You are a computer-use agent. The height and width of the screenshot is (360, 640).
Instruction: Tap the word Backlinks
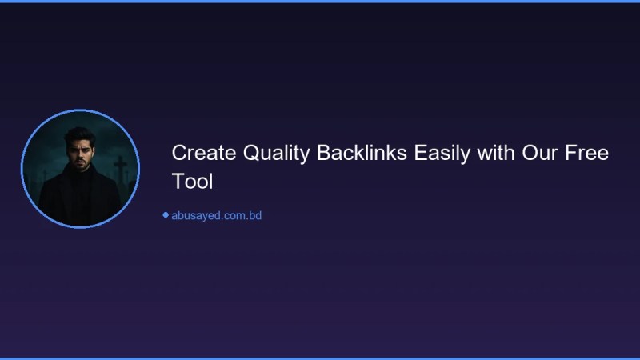point(362,153)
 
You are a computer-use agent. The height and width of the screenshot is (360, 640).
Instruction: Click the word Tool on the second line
point(192,182)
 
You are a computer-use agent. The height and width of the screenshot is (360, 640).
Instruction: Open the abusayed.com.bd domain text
point(216,215)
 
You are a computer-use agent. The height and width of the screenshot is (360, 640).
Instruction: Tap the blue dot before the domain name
point(166,215)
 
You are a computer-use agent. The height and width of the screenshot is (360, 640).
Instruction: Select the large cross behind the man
point(120,168)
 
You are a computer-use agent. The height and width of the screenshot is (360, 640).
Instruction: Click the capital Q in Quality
point(245,153)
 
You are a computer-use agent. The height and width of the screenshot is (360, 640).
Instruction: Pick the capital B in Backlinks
point(323,153)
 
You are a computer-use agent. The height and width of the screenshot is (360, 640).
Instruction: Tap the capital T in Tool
point(178,182)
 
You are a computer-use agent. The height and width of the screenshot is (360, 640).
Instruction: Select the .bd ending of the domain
point(254,215)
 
